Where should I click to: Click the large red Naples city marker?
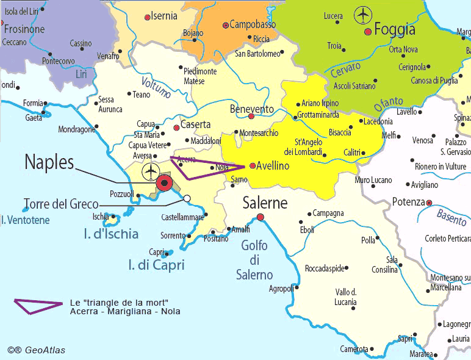click(x=164, y=183)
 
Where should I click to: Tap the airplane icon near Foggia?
click(x=364, y=13)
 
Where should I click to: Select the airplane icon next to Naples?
click(x=149, y=173)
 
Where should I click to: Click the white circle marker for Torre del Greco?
click(x=187, y=198)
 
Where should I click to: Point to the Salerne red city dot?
click(x=261, y=217)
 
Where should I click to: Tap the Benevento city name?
click(x=251, y=109)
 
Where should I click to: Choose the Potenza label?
click(x=408, y=202)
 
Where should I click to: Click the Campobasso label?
click(x=252, y=25)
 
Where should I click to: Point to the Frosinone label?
click(x=26, y=29)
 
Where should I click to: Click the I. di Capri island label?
click(x=157, y=265)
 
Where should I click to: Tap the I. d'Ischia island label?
click(x=111, y=234)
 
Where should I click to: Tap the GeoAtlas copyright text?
click(x=36, y=350)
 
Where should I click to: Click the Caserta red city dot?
click(x=176, y=128)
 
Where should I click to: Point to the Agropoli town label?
click(x=281, y=288)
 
